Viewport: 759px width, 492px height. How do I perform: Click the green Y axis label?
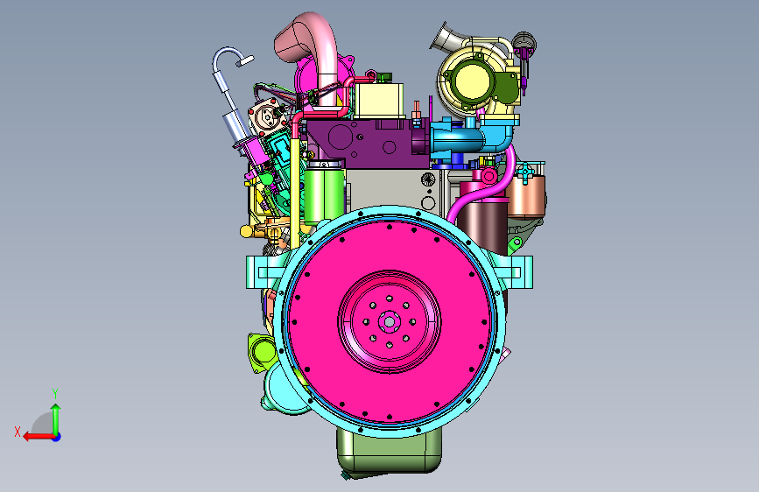[x=55, y=393]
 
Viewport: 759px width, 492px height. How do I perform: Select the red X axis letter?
[x=18, y=432]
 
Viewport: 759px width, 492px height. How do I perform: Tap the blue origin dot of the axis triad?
[x=57, y=437]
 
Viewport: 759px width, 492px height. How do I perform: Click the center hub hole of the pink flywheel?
[x=390, y=321]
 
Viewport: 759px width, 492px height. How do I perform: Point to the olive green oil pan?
[x=390, y=452]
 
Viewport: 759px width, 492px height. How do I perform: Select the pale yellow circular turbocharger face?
[x=473, y=81]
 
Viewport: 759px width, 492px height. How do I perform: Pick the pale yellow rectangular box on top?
[x=378, y=101]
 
